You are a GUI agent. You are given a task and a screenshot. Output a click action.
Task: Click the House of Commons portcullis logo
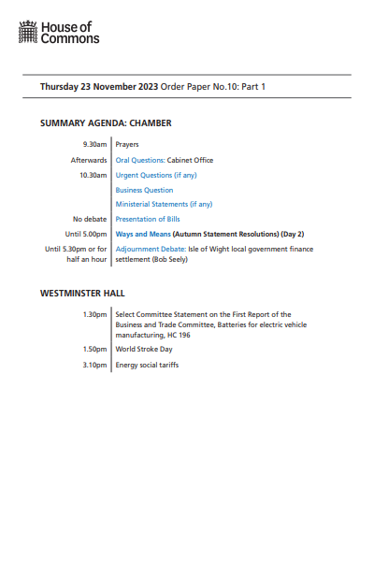(28, 35)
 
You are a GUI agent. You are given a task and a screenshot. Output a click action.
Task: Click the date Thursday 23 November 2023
(98, 87)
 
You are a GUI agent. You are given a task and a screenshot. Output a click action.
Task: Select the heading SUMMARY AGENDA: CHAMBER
(106, 123)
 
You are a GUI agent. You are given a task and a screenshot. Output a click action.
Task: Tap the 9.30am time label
(95, 145)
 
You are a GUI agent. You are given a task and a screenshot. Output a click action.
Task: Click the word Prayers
(127, 145)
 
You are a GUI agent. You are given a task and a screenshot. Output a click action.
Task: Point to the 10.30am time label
(93, 175)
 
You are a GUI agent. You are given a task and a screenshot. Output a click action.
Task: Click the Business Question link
(144, 190)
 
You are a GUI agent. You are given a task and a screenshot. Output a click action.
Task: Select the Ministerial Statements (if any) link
(164, 204)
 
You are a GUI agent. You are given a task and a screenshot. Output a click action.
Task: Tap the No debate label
(91, 219)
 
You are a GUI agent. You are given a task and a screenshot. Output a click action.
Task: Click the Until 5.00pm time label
(87, 234)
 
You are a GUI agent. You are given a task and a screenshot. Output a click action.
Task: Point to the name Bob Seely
(173, 259)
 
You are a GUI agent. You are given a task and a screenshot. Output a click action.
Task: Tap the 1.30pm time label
(95, 315)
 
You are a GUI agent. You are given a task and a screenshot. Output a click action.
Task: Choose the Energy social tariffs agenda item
(147, 365)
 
